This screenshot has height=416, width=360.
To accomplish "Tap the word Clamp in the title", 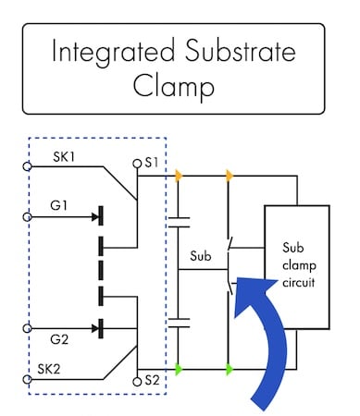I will (x=180, y=87).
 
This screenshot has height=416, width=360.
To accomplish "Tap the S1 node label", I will (x=153, y=164).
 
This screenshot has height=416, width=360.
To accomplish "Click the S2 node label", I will (x=153, y=380).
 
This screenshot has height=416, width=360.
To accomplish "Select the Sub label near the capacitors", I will (x=203, y=254).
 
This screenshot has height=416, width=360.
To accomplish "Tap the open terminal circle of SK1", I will (x=28, y=167).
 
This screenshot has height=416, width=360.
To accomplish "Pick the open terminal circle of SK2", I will (x=28, y=378).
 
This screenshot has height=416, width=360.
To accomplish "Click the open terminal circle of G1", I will (x=28, y=219).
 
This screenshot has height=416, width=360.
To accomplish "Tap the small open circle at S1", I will (x=137, y=164).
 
